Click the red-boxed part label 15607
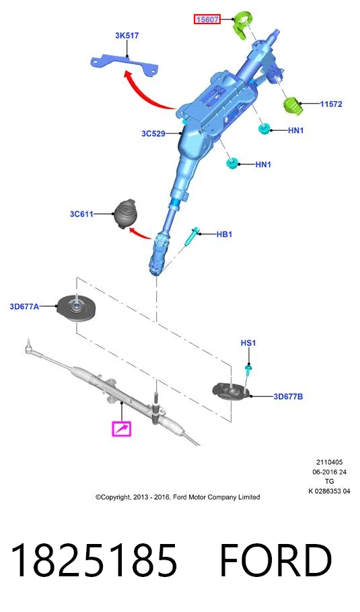click(207, 19)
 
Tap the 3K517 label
click(127, 36)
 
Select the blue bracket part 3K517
click(124, 65)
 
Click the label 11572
click(331, 104)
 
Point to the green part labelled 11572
click(293, 106)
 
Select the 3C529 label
click(153, 133)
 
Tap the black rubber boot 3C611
click(124, 214)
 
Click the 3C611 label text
click(81, 214)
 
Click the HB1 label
click(224, 234)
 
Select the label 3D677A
click(24, 306)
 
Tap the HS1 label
click(248, 343)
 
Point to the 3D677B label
click(288, 397)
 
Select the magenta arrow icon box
click(121, 429)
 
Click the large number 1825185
click(94, 561)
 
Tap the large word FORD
click(276, 561)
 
